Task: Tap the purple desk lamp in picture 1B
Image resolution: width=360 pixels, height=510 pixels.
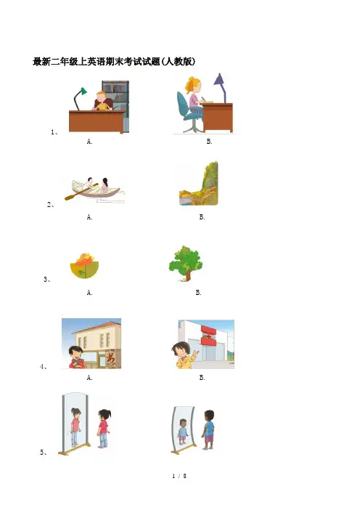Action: click(x=221, y=87)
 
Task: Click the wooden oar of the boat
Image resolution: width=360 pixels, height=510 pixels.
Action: click(x=81, y=193)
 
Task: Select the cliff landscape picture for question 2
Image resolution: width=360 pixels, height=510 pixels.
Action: click(x=199, y=184)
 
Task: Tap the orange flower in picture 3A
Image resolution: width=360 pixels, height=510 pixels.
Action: click(x=85, y=259)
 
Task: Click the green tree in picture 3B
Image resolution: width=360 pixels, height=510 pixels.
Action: click(x=186, y=263)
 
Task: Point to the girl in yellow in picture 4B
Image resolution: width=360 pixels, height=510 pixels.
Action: click(x=184, y=355)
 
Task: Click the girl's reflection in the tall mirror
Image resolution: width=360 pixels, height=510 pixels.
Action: click(x=75, y=426)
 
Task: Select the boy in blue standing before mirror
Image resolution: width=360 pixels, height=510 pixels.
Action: click(x=208, y=430)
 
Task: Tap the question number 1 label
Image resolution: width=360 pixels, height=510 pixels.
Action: click(x=54, y=131)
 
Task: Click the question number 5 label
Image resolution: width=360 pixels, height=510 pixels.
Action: click(x=44, y=452)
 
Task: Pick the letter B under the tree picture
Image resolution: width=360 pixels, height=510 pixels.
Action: click(x=199, y=293)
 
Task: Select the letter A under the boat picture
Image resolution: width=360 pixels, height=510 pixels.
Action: click(x=90, y=217)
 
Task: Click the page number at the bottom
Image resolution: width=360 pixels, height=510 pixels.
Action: click(x=179, y=476)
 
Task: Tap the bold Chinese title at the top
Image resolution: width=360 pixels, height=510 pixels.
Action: click(x=114, y=62)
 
